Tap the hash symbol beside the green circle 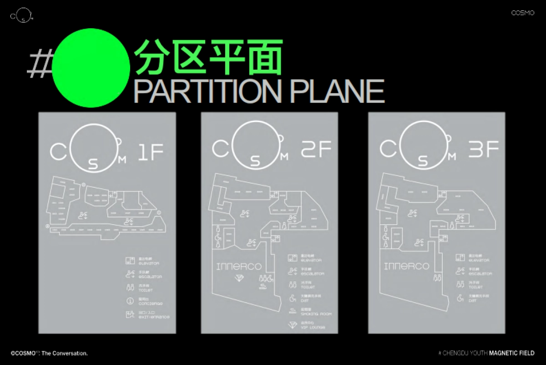pyautogui.click(x=38, y=64)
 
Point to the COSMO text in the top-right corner pyautogui.click(x=522, y=14)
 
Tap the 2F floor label pyautogui.click(x=317, y=149)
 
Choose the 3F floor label pyautogui.click(x=484, y=149)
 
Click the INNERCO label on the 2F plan pyautogui.click(x=239, y=266)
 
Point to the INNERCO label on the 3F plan pyautogui.click(x=406, y=266)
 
